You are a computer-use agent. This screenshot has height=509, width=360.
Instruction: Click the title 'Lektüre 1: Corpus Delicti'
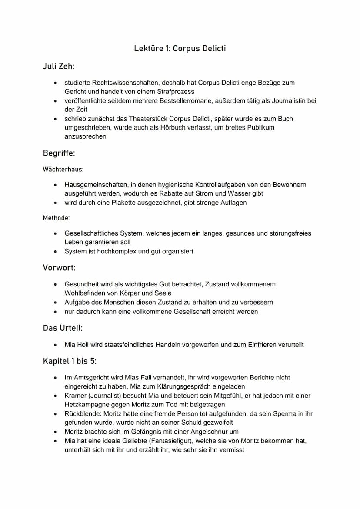180,48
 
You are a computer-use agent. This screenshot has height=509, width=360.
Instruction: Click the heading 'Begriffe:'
60,153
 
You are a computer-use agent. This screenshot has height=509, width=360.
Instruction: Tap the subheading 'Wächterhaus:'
63,169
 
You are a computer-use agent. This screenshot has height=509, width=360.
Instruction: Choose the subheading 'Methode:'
56,217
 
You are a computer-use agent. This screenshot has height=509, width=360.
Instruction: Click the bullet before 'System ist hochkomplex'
55,251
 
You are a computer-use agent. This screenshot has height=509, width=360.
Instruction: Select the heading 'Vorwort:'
59,267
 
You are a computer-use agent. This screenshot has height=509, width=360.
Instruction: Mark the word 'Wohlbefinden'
85,293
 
